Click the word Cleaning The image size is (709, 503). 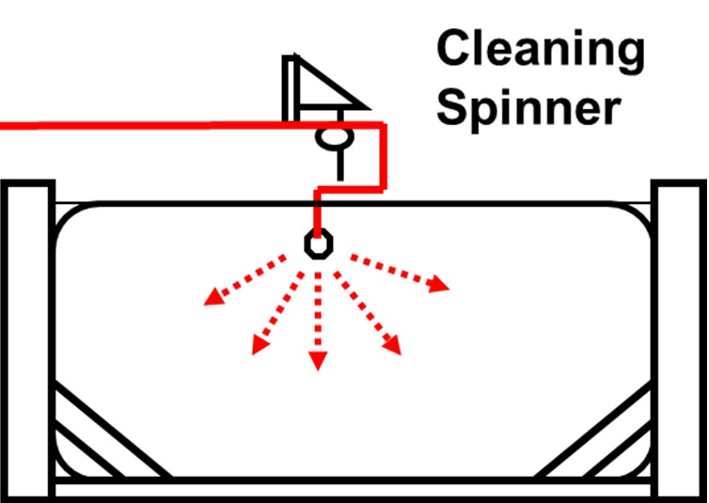[x=540, y=49]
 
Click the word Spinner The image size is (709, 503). [x=531, y=107]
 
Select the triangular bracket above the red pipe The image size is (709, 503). [x=315, y=86]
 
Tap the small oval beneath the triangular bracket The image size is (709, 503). [x=334, y=138]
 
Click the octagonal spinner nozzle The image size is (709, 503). [x=319, y=244]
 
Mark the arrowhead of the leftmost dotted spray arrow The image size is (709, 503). [x=213, y=298]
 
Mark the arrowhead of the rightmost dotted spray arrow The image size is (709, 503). [x=440, y=285]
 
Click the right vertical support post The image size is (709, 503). [x=680, y=338]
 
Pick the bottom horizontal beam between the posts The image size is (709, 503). [x=353, y=490]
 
